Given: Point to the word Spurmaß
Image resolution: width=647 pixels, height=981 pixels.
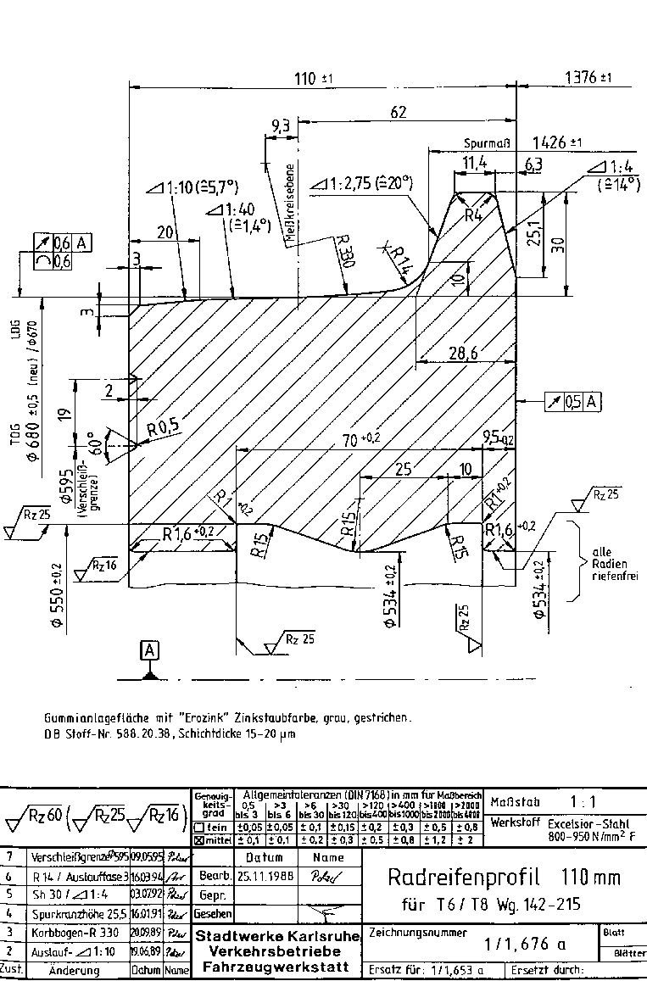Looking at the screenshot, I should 486,143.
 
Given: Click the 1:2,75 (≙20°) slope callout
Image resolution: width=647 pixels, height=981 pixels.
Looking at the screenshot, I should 362,182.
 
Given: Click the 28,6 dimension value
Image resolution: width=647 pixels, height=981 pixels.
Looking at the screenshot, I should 462,353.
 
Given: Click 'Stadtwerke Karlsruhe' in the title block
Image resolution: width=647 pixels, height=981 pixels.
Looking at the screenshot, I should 278,936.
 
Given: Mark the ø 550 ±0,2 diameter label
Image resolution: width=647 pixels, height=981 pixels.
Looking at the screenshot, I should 56,590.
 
